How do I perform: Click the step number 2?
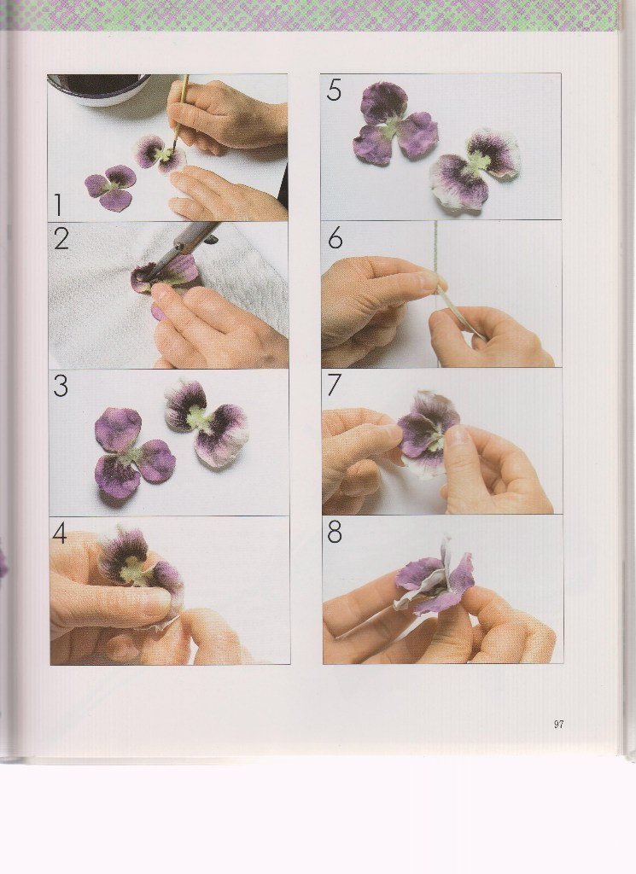coord(61,239)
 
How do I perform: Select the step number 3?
coord(61,386)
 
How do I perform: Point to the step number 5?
coord(334,90)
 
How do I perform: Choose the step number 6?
coord(335,238)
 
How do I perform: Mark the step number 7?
coord(334,385)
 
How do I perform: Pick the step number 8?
coord(335,533)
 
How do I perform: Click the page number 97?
coord(558,724)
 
